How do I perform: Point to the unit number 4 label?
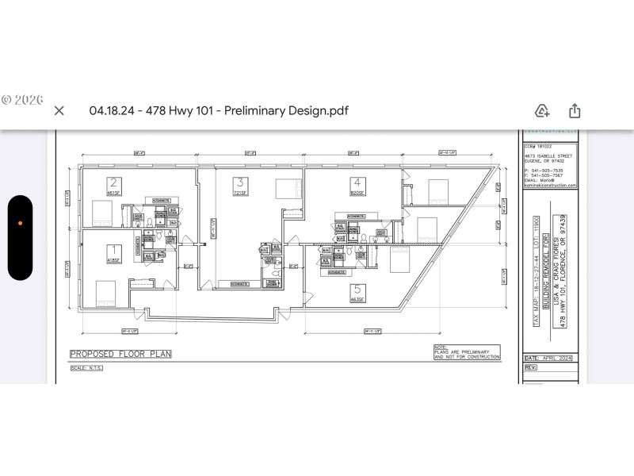358,181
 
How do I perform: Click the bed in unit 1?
105,292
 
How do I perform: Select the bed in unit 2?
101,213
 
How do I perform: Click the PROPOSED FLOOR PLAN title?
120,354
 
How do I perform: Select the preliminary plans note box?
467,353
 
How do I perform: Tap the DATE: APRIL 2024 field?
548,359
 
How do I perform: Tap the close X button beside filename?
59,110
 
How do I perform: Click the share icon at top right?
575,110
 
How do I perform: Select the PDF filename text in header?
218,110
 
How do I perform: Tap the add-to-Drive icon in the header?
542,110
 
